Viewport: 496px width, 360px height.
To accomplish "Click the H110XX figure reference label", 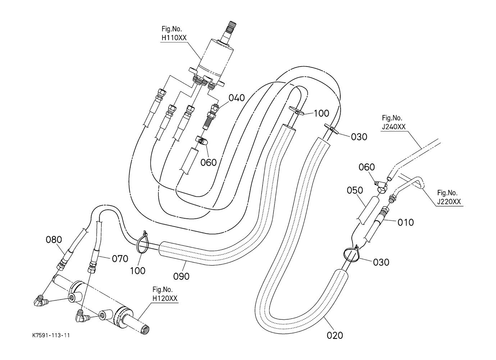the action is (174, 33).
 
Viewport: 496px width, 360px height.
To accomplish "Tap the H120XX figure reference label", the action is (165, 294).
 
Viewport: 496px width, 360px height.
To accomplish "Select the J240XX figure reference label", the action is (393, 122).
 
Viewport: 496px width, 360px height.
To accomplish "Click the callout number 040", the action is (236, 97).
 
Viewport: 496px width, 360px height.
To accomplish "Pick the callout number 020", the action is (335, 336).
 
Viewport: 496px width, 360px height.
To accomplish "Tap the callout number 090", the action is (181, 276).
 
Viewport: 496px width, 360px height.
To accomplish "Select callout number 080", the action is (54, 240).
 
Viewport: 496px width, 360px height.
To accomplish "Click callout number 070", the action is (120, 259).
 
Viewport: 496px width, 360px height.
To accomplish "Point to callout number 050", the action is (355, 190).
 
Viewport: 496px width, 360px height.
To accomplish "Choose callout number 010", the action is (406, 223).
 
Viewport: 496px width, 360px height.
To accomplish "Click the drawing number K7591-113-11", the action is (51, 335).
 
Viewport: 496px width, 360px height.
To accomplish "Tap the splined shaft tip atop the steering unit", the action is (232, 24).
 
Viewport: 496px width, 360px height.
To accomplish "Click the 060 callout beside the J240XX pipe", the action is (367, 167).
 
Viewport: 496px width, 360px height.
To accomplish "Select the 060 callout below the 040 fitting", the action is (208, 163).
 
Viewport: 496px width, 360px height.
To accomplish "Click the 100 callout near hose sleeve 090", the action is (137, 270).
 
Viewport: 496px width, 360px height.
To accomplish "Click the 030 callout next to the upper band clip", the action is (359, 137).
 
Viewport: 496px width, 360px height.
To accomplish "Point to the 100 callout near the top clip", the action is (321, 113).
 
